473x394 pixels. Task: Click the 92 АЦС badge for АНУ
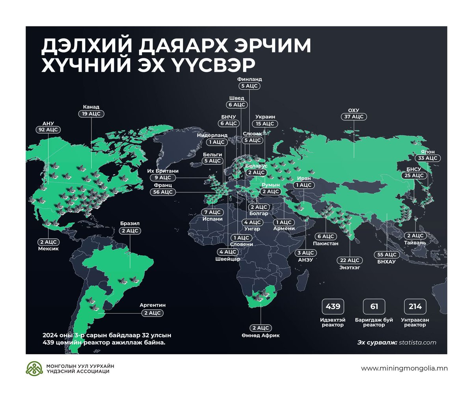point(47,129)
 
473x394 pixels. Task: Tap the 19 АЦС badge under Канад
point(91,113)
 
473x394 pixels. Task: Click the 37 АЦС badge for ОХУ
point(353,117)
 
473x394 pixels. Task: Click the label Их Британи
point(162,171)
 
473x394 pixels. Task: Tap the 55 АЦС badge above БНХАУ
point(386,255)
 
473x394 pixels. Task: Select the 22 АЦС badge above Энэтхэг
point(350,260)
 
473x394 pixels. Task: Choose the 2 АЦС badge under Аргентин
point(152,313)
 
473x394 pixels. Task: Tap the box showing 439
point(333,307)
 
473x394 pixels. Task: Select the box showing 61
point(374,307)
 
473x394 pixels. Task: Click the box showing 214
point(415,307)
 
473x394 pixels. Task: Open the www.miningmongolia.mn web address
point(404,368)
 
